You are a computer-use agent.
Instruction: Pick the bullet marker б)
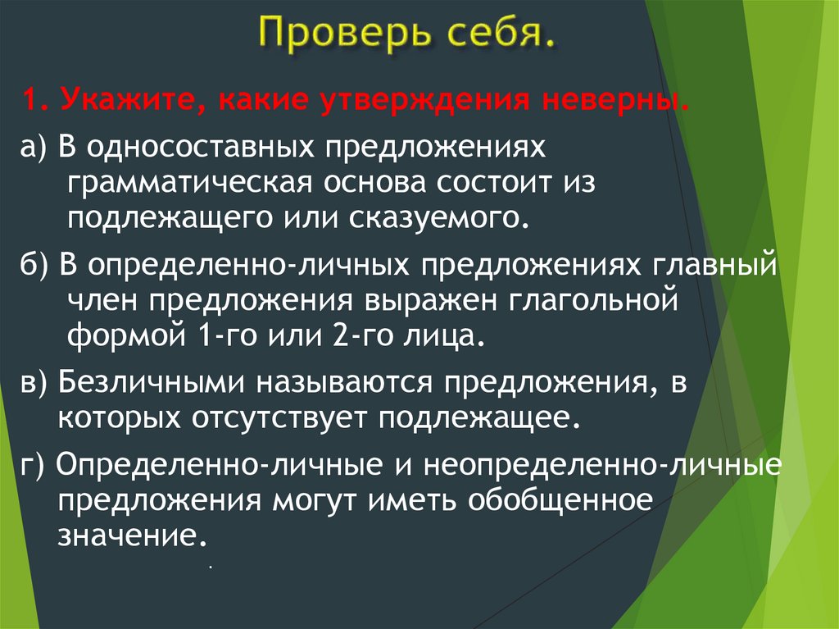tap(37, 267)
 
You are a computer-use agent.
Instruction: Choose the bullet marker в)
tap(37, 384)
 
